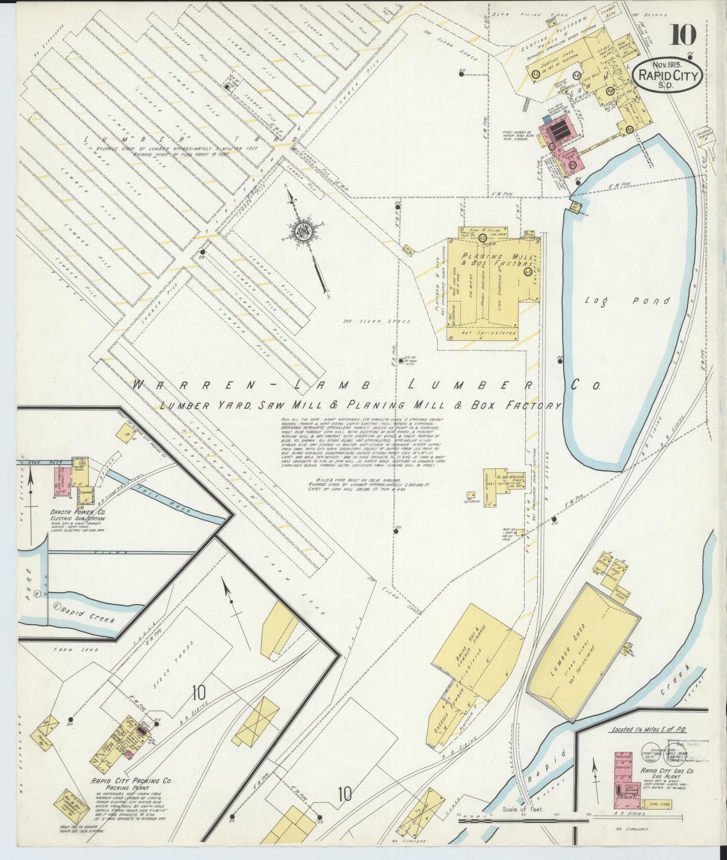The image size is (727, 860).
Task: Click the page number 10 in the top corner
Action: tap(683, 34)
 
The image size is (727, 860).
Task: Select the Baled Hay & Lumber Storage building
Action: tap(476, 652)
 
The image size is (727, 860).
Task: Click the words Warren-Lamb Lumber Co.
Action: tap(366, 386)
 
